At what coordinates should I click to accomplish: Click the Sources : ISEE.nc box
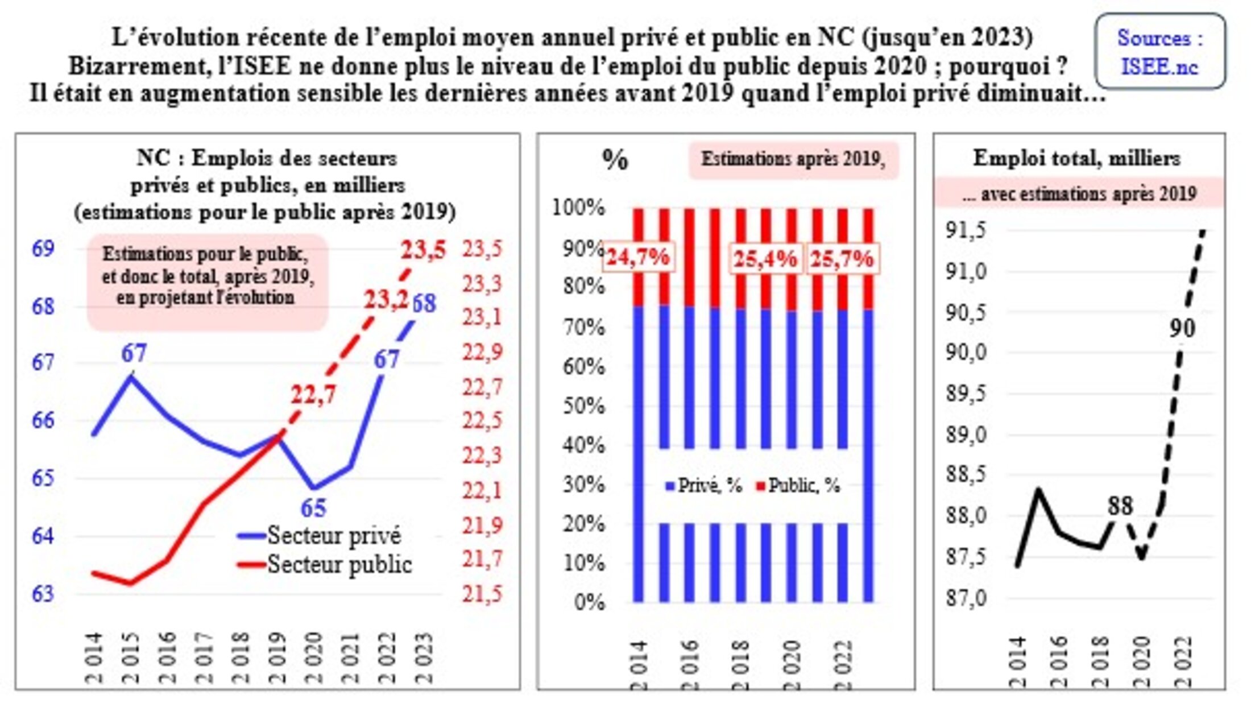point(1160,52)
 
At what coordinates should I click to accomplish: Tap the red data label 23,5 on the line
point(424,251)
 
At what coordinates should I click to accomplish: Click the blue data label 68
point(424,304)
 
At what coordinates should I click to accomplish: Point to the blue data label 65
point(313,508)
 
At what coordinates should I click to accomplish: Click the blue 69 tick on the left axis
point(43,249)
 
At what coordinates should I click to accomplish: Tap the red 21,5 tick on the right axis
point(482,594)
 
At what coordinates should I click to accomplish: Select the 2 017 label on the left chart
point(204,657)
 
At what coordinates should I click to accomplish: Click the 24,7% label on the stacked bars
point(638,258)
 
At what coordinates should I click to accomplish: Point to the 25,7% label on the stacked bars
point(842,259)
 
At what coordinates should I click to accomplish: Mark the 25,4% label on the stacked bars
point(765,259)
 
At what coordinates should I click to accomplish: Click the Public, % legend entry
point(798,486)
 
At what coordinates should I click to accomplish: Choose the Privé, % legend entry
point(704,486)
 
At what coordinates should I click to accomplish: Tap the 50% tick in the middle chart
point(583,406)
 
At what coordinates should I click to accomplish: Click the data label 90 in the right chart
point(1182,328)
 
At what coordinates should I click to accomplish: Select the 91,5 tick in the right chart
point(965,231)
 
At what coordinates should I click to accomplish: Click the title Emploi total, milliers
point(1076,158)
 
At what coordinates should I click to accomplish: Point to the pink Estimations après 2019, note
point(793,159)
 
